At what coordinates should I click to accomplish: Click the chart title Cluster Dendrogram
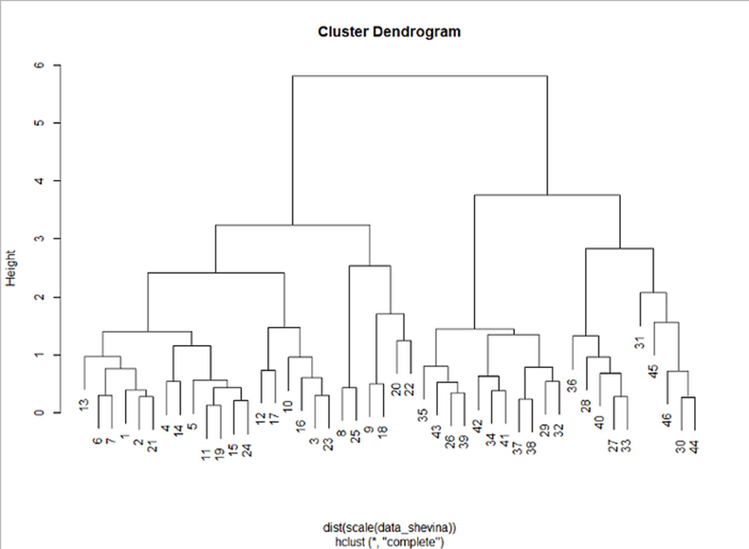pyautogui.click(x=389, y=33)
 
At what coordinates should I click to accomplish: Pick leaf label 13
pyautogui.click(x=84, y=406)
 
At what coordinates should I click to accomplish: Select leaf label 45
pyautogui.click(x=653, y=371)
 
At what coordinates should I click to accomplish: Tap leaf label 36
pyautogui.click(x=572, y=386)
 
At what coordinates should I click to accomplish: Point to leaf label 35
pyautogui.click(x=423, y=414)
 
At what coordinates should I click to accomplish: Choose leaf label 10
pyautogui.click(x=288, y=407)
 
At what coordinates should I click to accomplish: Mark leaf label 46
pyautogui.click(x=667, y=419)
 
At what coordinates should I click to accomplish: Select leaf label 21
pyautogui.click(x=151, y=443)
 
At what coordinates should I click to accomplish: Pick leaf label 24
pyautogui.click(x=247, y=450)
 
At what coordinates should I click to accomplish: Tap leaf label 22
pyautogui.click(x=410, y=389)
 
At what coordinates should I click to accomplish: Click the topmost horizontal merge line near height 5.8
pyautogui.click(x=419, y=76)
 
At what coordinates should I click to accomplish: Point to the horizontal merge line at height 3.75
pyautogui.click(x=547, y=195)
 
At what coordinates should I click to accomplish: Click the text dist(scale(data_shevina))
pyautogui.click(x=389, y=527)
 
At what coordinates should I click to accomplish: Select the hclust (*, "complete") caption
pyautogui.click(x=389, y=540)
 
